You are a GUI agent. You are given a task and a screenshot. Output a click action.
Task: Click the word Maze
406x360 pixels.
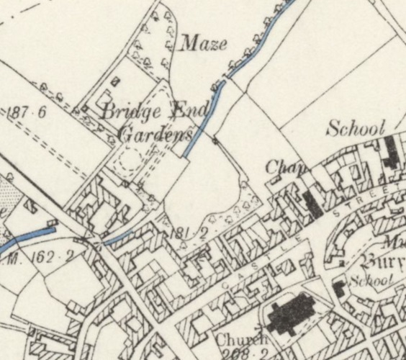click(x=203, y=44)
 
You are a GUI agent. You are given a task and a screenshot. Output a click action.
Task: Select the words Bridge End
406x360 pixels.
click(x=154, y=112)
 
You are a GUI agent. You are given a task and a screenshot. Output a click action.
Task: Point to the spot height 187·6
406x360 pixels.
click(x=27, y=112)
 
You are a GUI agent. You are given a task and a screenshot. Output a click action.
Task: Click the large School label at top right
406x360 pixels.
click(x=356, y=129)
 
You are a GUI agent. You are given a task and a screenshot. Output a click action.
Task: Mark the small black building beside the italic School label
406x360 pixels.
click(x=338, y=289)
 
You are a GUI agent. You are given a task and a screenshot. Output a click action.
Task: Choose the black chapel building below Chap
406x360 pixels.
click(x=314, y=204)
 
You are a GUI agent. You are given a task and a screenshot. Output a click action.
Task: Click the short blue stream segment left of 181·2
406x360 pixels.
click(x=119, y=237)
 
